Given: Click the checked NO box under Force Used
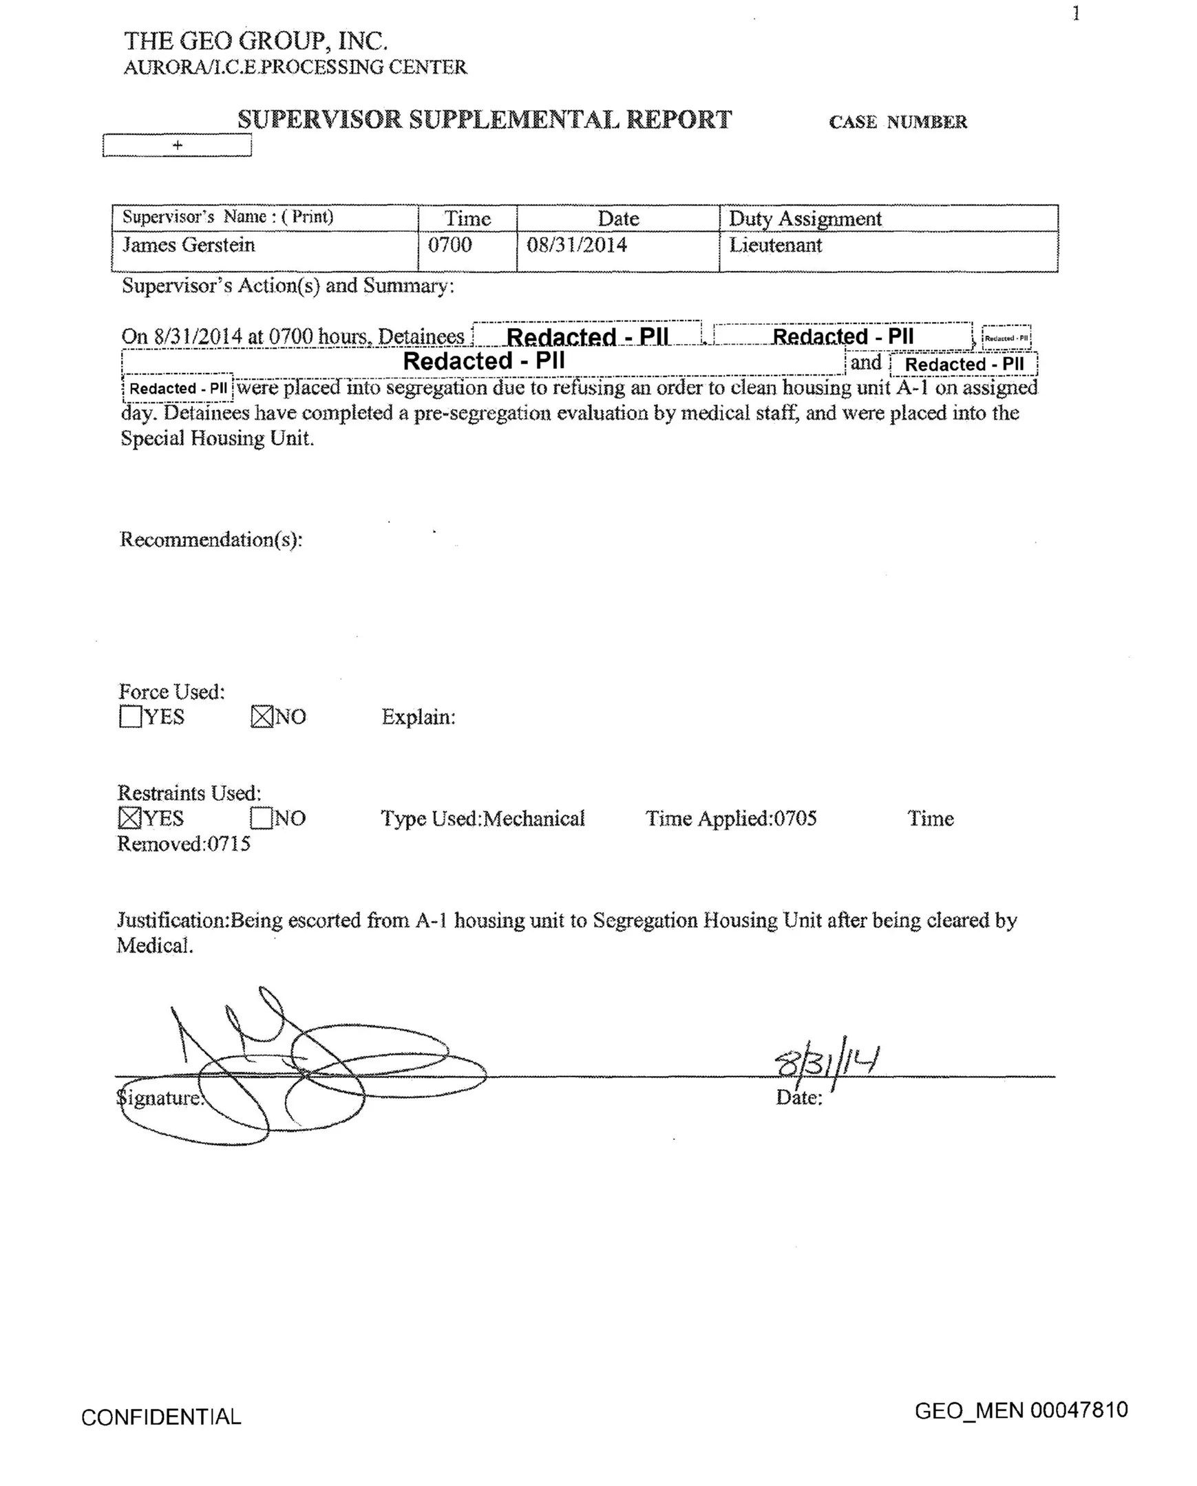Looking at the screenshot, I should pyautogui.click(x=262, y=717).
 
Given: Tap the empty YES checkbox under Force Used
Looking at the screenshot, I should pyautogui.click(x=129, y=717).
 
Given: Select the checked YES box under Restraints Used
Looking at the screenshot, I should pyautogui.click(x=129, y=818).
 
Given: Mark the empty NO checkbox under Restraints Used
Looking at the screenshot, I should pyautogui.click(x=261, y=818).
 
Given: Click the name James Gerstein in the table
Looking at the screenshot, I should pyautogui.click(x=188, y=246).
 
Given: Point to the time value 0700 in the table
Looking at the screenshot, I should pyautogui.click(x=449, y=246).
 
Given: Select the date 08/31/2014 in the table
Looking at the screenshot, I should pyautogui.click(x=576, y=246).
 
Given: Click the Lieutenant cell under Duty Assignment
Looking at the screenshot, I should pyautogui.click(x=775, y=246).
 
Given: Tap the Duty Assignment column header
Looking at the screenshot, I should pyautogui.click(x=805, y=219).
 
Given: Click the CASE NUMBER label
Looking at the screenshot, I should pyautogui.click(x=898, y=122).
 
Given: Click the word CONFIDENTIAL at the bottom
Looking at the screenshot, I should pyautogui.click(x=161, y=1417).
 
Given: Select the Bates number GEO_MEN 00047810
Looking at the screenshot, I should pyautogui.click(x=1021, y=1410).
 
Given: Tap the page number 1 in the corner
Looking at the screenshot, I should pyautogui.click(x=1076, y=14).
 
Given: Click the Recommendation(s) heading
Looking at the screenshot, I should pyautogui.click(x=211, y=539).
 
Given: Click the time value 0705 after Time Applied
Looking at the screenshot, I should pyautogui.click(x=795, y=818).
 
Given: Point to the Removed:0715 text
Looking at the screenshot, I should pyautogui.click(x=183, y=843).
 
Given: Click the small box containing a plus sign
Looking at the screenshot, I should pyautogui.click(x=177, y=145).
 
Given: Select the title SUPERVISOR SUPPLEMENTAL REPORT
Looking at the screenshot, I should pyautogui.click(x=484, y=120).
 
